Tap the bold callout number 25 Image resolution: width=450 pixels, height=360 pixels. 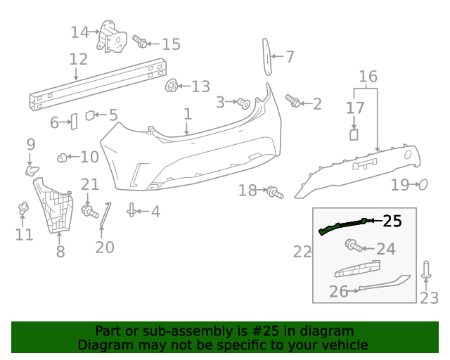pyautogui.click(x=392, y=221)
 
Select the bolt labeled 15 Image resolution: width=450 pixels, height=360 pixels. pyautogui.click(x=140, y=41)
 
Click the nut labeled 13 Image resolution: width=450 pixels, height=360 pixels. pyautogui.click(x=172, y=85)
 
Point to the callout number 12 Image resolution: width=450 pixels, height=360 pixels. pyautogui.click(x=78, y=59)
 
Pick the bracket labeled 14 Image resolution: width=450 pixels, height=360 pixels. pyautogui.click(x=111, y=37)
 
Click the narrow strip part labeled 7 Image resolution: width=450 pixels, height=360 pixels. pyautogui.click(x=267, y=57)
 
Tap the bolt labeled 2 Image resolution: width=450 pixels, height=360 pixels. pyautogui.click(x=292, y=101)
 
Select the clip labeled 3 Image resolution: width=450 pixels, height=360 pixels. pyautogui.click(x=244, y=103)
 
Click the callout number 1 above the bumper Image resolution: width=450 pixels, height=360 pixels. pyautogui.click(x=188, y=114)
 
